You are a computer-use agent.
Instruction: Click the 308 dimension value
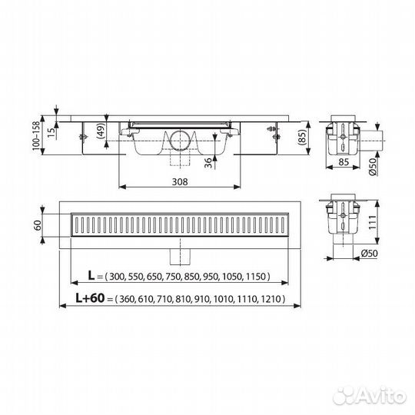pyautogui.click(x=180, y=182)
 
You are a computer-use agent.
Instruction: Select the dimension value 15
pyautogui.click(x=52, y=131)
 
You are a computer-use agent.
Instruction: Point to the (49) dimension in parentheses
pyautogui.click(x=102, y=131)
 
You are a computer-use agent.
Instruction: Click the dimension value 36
pyautogui.click(x=209, y=163)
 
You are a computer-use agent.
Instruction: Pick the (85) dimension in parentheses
pyautogui.click(x=302, y=138)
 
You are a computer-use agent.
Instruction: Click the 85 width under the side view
pyautogui.click(x=344, y=161)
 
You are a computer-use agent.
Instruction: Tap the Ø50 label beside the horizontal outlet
pyautogui.click(x=373, y=167)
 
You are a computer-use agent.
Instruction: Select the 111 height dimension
pyautogui.click(x=372, y=222)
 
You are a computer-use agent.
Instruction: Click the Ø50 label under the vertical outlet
pyautogui.click(x=369, y=254)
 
